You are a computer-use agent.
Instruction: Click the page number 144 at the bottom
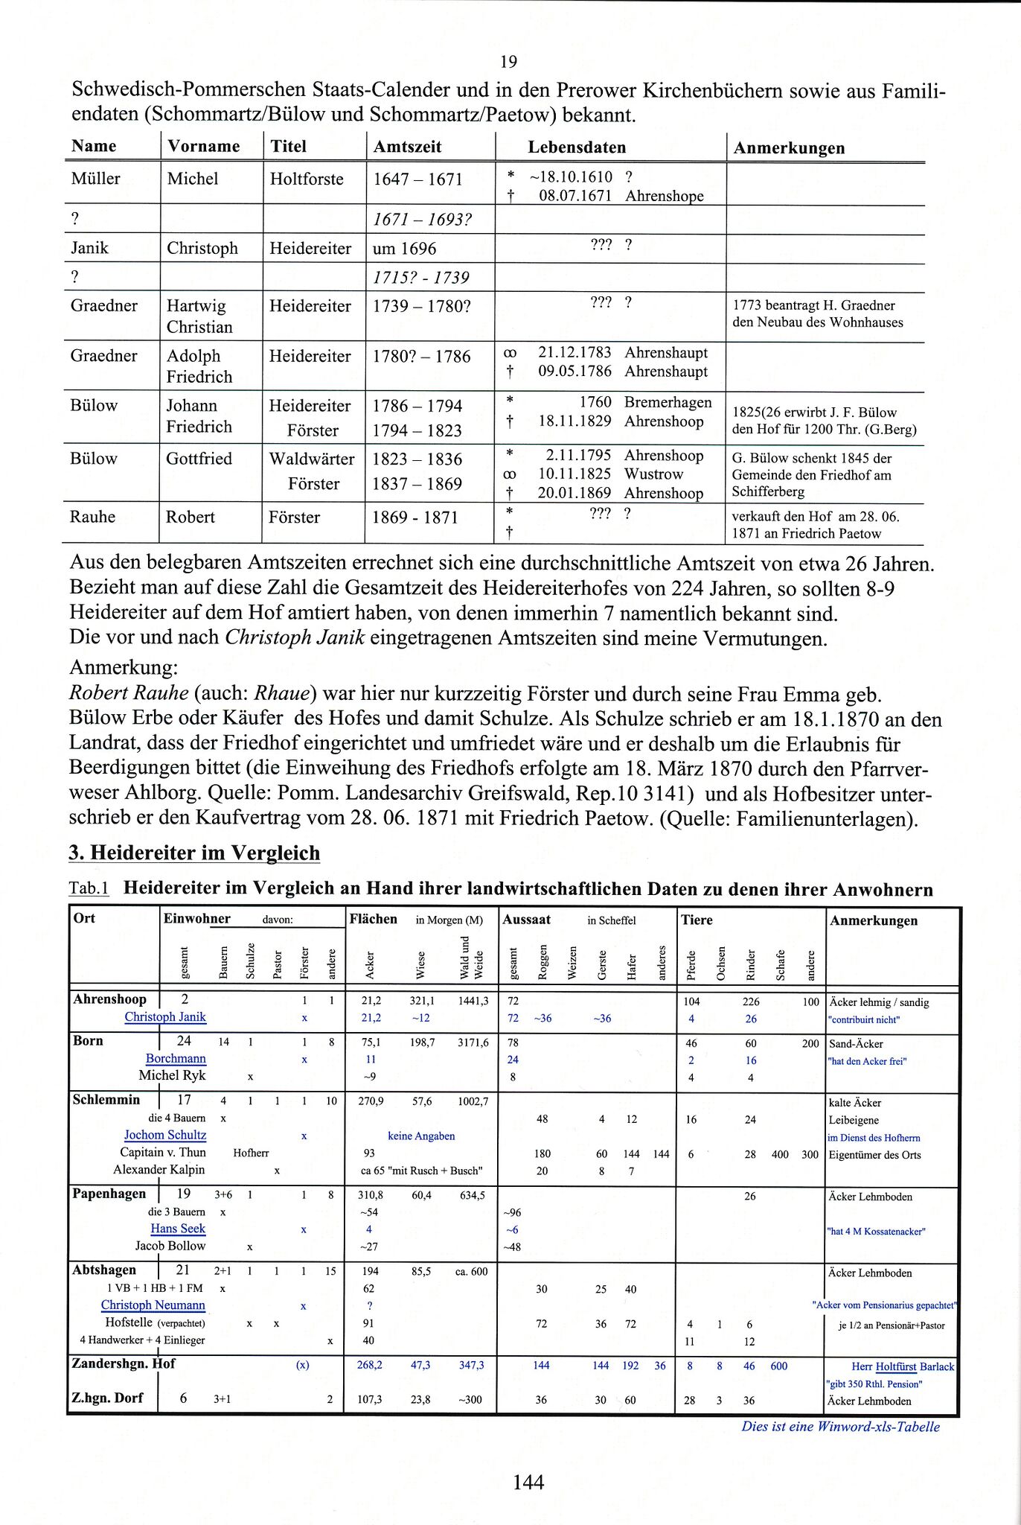point(528,1482)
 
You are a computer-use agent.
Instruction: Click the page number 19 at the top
point(509,61)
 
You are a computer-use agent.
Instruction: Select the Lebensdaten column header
point(577,147)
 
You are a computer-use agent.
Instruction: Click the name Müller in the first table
point(95,179)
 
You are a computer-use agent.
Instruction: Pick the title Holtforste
point(307,179)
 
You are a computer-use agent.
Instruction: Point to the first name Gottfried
point(199,459)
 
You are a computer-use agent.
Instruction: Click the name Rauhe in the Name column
point(92,517)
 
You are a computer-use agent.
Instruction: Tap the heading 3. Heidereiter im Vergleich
point(194,853)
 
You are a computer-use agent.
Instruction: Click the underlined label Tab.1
point(89,888)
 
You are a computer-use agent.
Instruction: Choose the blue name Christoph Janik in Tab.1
point(165,1017)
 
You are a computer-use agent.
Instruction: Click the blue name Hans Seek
point(178,1229)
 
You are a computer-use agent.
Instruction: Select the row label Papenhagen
point(109,1194)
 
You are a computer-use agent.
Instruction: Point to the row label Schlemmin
point(106,1100)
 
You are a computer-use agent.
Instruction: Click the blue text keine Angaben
point(421,1136)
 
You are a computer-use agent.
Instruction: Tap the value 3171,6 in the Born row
point(473,1043)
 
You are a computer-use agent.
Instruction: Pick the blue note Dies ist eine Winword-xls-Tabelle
point(840,1427)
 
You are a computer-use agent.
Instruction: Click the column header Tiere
point(697,920)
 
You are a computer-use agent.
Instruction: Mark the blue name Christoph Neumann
point(153,1305)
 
